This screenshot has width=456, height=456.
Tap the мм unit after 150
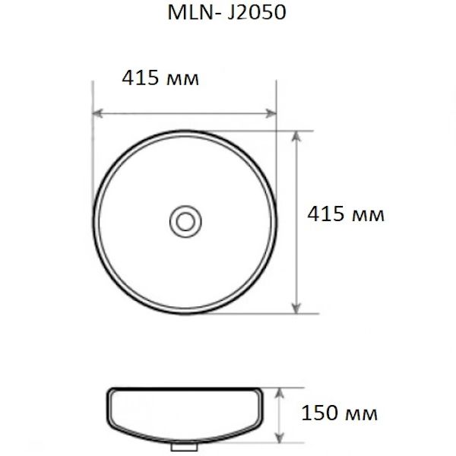click(361, 416)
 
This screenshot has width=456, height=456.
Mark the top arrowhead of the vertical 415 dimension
click(296, 135)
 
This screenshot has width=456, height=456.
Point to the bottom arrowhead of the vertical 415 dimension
click(296, 308)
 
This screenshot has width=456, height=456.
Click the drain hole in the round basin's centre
click(183, 220)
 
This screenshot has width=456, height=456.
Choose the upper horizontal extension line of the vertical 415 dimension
click(293, 130)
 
